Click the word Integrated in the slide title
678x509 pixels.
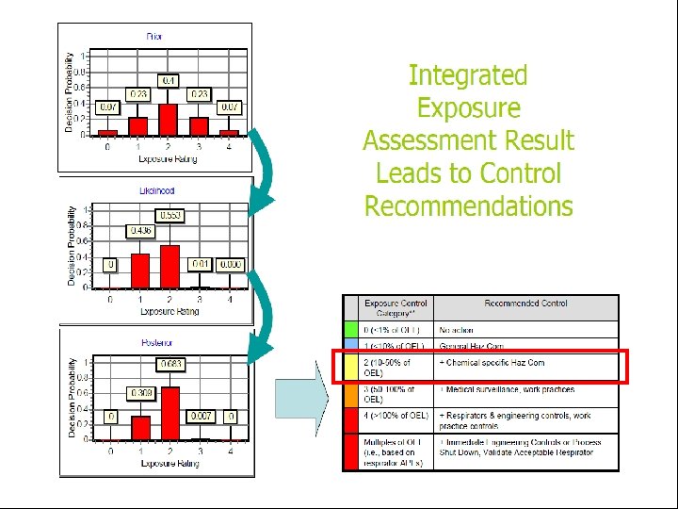click(468, 75)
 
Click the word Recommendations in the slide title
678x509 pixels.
click(468, 206)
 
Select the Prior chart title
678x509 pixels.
click(153, 36)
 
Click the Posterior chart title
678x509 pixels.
click(156, 343)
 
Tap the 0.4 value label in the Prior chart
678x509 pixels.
click(169, 80)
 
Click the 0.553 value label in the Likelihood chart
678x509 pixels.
click(170, 216)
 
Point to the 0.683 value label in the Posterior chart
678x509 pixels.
click(171, 364)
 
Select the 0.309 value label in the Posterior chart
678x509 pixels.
click(139, 392)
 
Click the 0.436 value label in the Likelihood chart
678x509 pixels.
click(139, 231)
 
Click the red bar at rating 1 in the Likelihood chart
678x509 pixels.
click(139, 269)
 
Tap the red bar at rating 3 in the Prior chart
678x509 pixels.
click(199, 125)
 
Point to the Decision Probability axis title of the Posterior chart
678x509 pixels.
click(72, 396)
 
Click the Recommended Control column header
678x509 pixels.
click(525, 304)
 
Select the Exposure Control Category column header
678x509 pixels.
click(395, 307)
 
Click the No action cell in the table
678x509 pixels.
click(457, 330)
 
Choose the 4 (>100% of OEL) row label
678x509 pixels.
click(396, 416)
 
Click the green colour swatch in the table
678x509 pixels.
click(351, 330)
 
